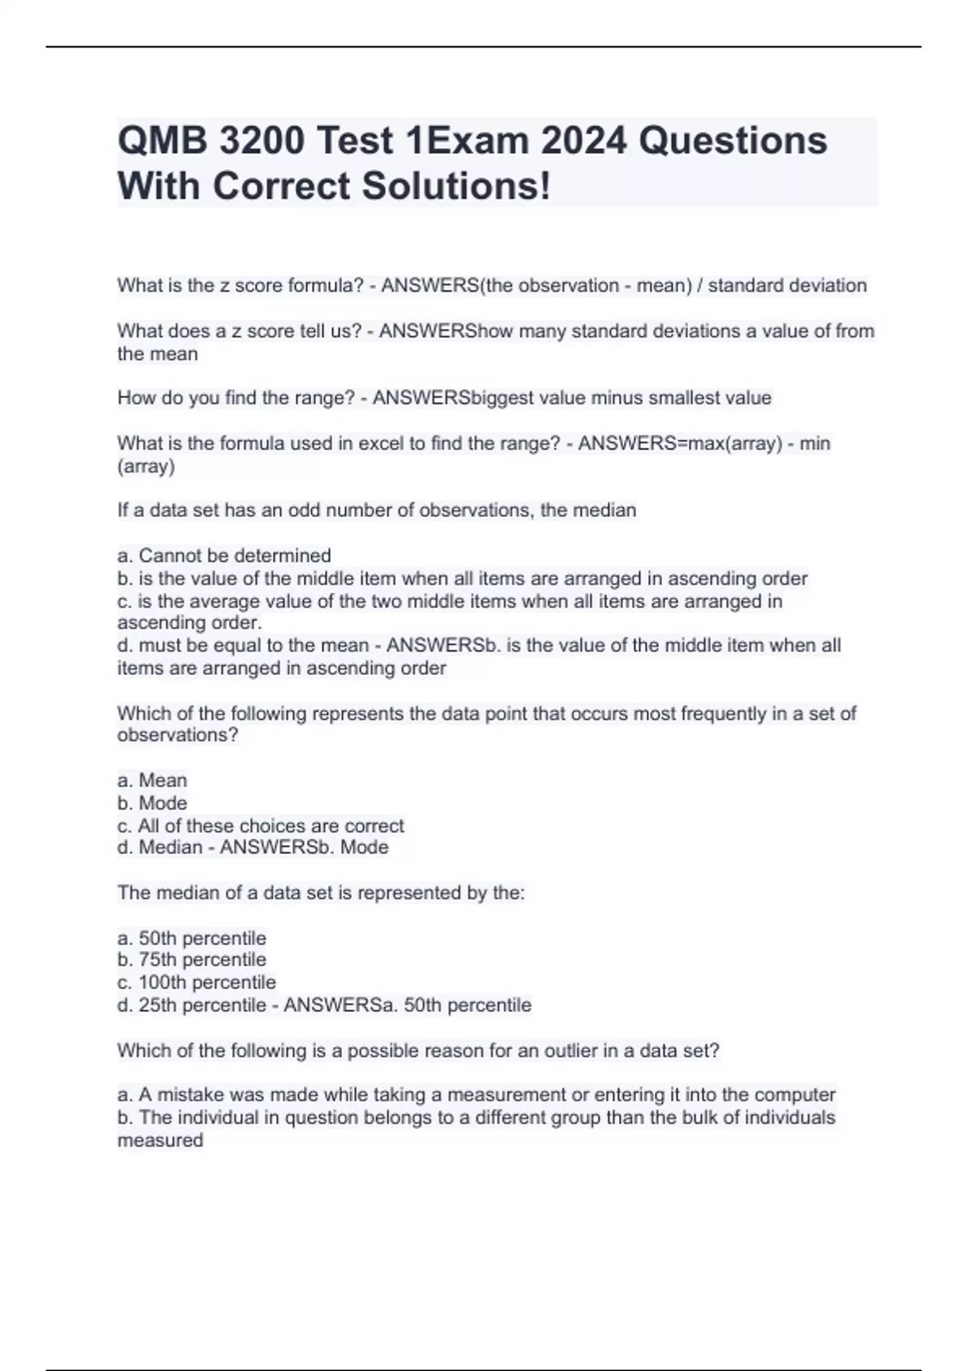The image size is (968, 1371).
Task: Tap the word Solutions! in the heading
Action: (x=456, y=186)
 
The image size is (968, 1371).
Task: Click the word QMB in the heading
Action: (x=163, y=141)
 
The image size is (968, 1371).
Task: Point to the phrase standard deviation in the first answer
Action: (x=787, y=285)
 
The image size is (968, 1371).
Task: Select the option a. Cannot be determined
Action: (x=224, y=556)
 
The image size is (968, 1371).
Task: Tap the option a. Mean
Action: (x=152, y=781)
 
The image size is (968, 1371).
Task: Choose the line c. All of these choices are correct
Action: (x=261, y=826)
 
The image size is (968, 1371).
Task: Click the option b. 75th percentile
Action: (x=192, y=960)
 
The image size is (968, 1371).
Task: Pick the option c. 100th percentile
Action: (x=197, y=982)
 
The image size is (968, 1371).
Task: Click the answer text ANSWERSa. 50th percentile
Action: (x=407, y=1005)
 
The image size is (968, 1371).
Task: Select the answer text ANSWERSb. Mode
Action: (x=304, y=848)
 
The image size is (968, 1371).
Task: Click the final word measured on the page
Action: (x=160, y=1140)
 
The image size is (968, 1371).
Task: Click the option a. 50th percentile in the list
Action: (x=192, y=938)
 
